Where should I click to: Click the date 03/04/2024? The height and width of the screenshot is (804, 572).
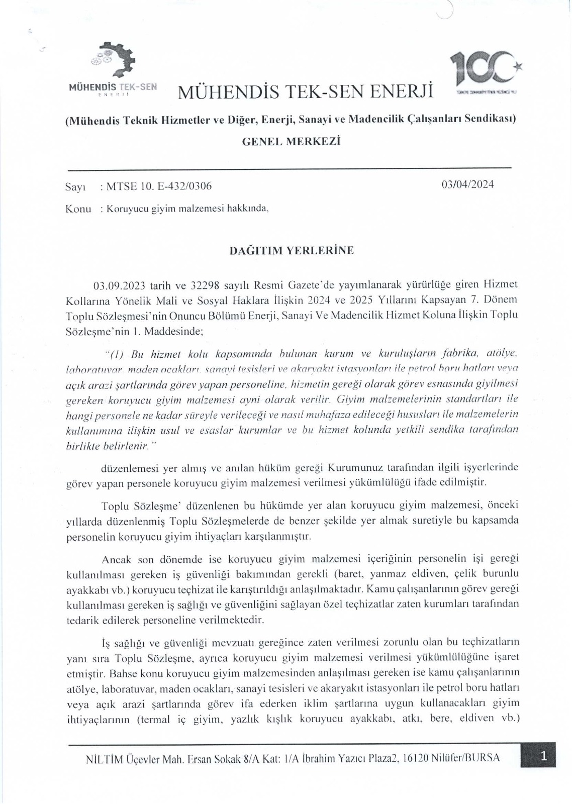tap(467, 184)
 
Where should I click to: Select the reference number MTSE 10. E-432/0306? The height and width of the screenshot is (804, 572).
tap(156, 186)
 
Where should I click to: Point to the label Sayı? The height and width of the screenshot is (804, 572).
tap(75, 187)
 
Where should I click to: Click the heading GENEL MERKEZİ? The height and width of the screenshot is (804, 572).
tap(292, 142)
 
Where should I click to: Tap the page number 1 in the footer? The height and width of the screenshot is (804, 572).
tap(543, 756)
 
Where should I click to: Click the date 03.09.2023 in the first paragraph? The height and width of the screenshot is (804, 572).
tap(120, 286)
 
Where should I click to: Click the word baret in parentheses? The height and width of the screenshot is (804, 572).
tap(358, 573)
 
